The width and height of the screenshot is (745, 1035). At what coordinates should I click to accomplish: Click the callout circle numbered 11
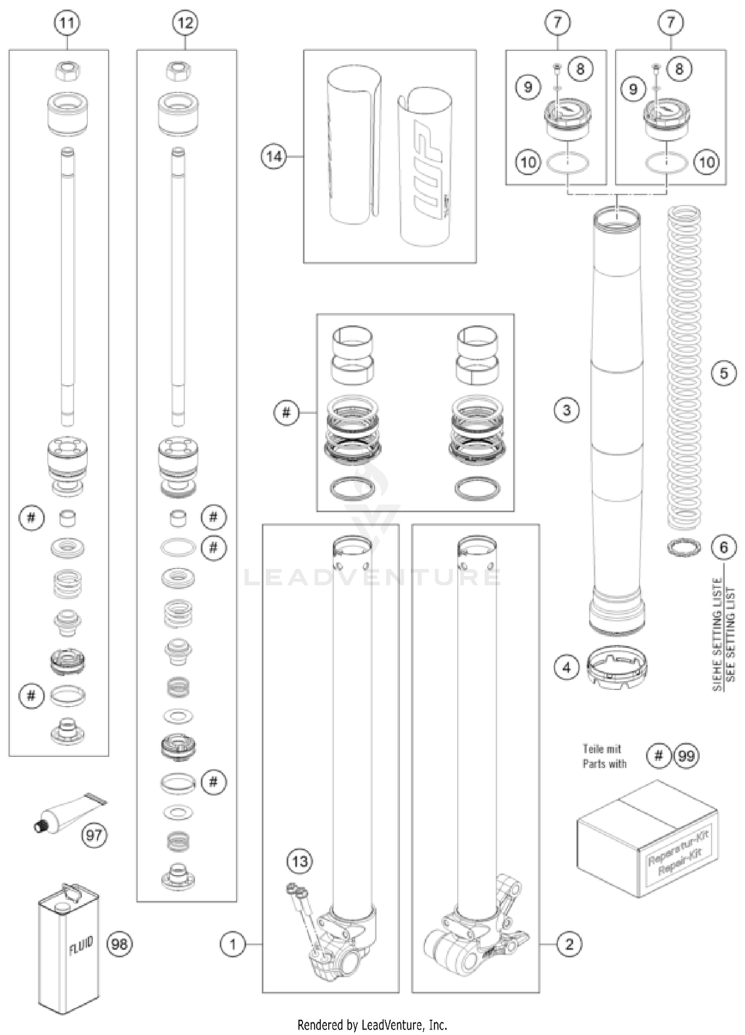point(67,23)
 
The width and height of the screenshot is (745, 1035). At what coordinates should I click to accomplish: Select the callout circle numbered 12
point(185,23)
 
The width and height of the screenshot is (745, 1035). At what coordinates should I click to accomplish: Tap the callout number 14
point(274,157)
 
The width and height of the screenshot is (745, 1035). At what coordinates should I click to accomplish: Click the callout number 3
point(567,410)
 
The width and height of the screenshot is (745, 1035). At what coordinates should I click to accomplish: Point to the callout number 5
point(724,373)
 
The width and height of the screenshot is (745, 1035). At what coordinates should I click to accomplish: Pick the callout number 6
point(724,547)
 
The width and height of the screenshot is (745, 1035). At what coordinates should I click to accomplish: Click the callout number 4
point(567,668)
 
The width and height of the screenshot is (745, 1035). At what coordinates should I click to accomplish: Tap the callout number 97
point(94,835)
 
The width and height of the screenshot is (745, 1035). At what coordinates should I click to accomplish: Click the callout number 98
point(119,943)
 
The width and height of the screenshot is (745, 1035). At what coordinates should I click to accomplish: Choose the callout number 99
point(686,756)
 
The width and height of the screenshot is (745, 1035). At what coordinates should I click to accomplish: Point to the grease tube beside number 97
point(67,813)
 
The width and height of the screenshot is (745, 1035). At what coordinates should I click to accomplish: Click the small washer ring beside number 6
point(683,548)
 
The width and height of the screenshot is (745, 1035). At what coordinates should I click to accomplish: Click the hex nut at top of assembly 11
point(67,72)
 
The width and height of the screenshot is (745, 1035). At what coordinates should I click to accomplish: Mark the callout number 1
point(233,944)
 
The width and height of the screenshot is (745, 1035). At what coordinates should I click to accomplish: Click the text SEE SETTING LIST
point(730,639)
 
